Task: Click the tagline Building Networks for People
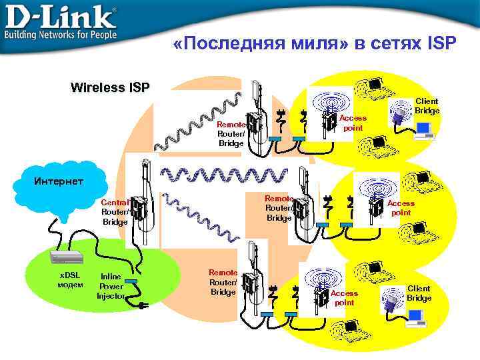[x=61, y=33]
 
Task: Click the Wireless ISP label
[x=110, y=87]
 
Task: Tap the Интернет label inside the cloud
[x=59, y=181]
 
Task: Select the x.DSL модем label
[x=70, y=280]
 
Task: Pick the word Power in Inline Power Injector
[x=111, y=286]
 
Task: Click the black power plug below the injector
[x=143, y=307]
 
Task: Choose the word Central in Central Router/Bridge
[x=115, y=203]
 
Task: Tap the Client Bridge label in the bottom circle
[x=419, y=293]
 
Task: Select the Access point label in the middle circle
[x=401, y=208]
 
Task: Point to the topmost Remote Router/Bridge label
[x=231, y=134]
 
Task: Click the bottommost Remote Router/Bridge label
[x=223, y=282]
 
